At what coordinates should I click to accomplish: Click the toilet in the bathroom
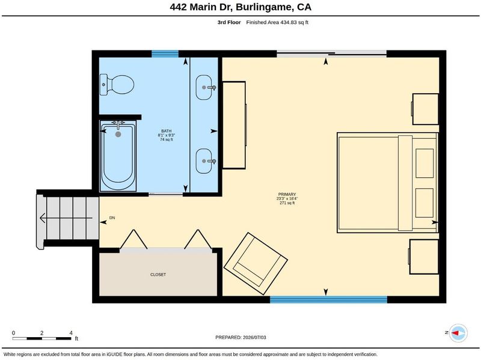click(x=117, y=85)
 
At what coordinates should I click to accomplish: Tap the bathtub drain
click(x=118, y=134)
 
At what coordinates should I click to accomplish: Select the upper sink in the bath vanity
click(x=204, y=87)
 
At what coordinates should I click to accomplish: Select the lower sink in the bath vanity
click(x=204, y=161)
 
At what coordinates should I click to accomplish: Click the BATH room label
click(x=167, y=131)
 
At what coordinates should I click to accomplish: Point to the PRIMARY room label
click(x=287, y=194)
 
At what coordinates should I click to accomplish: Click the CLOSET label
click(x=158, y=275)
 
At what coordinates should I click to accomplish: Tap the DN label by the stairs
click(x=112, y=218)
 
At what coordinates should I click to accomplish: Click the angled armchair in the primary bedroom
click(x=256, y=263)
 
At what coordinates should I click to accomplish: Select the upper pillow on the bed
click(x=424, y=163)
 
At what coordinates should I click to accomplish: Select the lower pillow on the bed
click(x=424, y=203)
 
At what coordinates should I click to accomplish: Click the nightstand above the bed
click(x=425, y=109)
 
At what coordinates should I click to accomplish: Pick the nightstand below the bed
click(x=424, y=257)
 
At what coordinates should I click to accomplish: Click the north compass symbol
click(x=458, y=333)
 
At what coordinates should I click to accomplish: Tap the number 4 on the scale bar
click(x=71, y=333)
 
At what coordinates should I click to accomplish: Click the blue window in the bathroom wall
click(x=165, y=54)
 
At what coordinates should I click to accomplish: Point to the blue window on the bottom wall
click(x=328, y=299)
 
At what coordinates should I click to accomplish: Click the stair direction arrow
click(x=66, y=218)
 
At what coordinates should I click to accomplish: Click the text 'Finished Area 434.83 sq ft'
click(x=277, y=22)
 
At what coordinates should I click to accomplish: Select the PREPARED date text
click(x=241, y=337)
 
